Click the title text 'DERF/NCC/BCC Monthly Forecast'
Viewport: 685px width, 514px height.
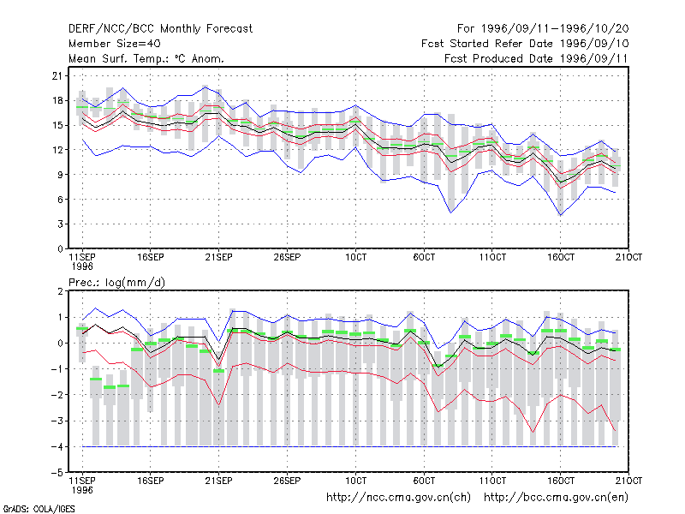click(x=160, y=29)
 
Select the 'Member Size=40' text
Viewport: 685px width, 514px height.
click(x=115, y=44)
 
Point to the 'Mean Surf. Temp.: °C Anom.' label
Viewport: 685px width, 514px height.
click(x=146, y=58)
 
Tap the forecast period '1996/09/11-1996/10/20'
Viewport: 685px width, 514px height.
click(x=555, y=29)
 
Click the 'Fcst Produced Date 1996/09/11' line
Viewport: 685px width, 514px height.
click(x=536, y=58)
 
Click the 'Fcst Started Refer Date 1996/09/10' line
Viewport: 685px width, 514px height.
click(x=525, y=44)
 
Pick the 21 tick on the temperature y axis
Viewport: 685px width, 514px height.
click(x=57, y=76)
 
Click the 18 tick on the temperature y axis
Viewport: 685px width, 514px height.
click(x=57, y=100)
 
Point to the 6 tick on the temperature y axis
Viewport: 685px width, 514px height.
click(x=60, y=200)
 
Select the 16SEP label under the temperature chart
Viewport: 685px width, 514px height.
click(x=151, y=257)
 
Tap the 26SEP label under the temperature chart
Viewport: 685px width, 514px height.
click(x=287, y=257)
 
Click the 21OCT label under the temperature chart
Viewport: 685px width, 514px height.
click(x=628, y=257)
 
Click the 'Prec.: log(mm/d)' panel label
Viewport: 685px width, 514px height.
click(x=116, y=283)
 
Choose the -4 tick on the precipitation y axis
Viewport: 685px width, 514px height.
click(x=57, y=446)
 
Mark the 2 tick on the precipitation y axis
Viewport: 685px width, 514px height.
click(x=60, y=291)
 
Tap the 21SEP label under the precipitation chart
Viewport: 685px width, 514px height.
click(x=218, y=481)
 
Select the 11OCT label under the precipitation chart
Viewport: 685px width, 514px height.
click(x=492, y=481)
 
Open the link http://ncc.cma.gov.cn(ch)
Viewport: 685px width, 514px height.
click(x=398, y=498)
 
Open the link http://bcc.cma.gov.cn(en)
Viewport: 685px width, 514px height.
click(x=556, y=498)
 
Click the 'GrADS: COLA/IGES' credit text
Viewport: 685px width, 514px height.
click(x=39, y=509)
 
